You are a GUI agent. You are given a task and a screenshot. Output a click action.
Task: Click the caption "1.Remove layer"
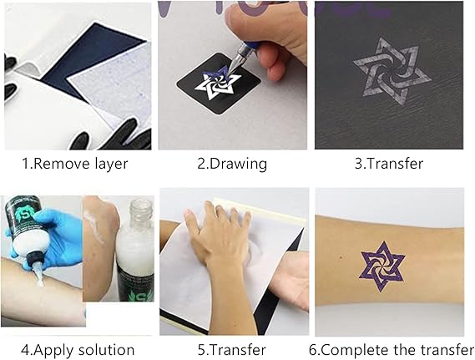point(75,164)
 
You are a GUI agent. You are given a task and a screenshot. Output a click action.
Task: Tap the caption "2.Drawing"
point(232,164)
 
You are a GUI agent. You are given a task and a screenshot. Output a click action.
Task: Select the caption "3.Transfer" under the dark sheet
point(389,164)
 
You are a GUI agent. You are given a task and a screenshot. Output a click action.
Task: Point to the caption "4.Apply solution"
point(78,350)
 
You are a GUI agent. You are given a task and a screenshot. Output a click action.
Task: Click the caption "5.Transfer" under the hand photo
point(232,350)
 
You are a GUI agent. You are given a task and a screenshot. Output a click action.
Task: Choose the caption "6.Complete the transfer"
point(392,350)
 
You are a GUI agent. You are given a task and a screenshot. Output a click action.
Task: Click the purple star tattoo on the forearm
point(382,266)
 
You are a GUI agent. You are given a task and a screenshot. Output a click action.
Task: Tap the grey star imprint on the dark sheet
point(392,72)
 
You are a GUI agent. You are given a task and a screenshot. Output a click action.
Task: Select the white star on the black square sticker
point(217,84)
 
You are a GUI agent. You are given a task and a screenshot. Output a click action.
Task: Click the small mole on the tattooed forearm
point(341,257)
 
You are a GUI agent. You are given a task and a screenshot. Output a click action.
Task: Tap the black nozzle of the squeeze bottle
point(33,258)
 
